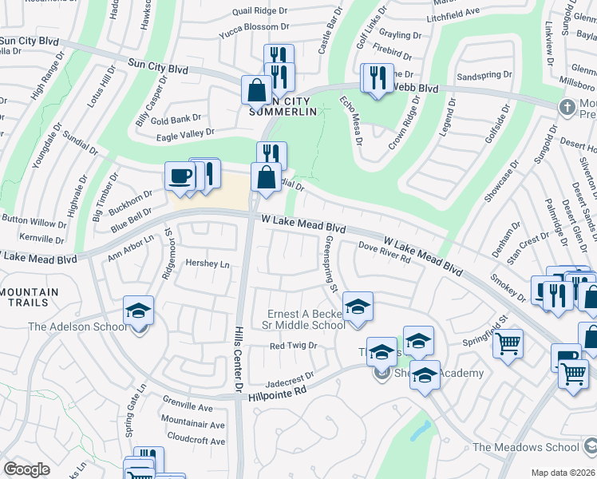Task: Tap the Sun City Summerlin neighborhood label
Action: pyautogui.click(x=277, y=105)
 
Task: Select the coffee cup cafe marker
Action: pyautogui.click(x=180, y=176)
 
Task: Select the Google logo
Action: pyautogui.click(x=26, y=469)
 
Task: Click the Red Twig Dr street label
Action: pyautogui.click(x=293, y=346)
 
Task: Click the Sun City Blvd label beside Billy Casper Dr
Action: pyautogui.click(x=158, y=69)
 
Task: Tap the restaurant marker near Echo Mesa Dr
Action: pyautogui.click(x=375, y=78)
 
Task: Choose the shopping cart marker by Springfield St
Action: pyautogui.click(x=508, y=343)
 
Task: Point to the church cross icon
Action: pyautogui.click(x=567, y=106)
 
